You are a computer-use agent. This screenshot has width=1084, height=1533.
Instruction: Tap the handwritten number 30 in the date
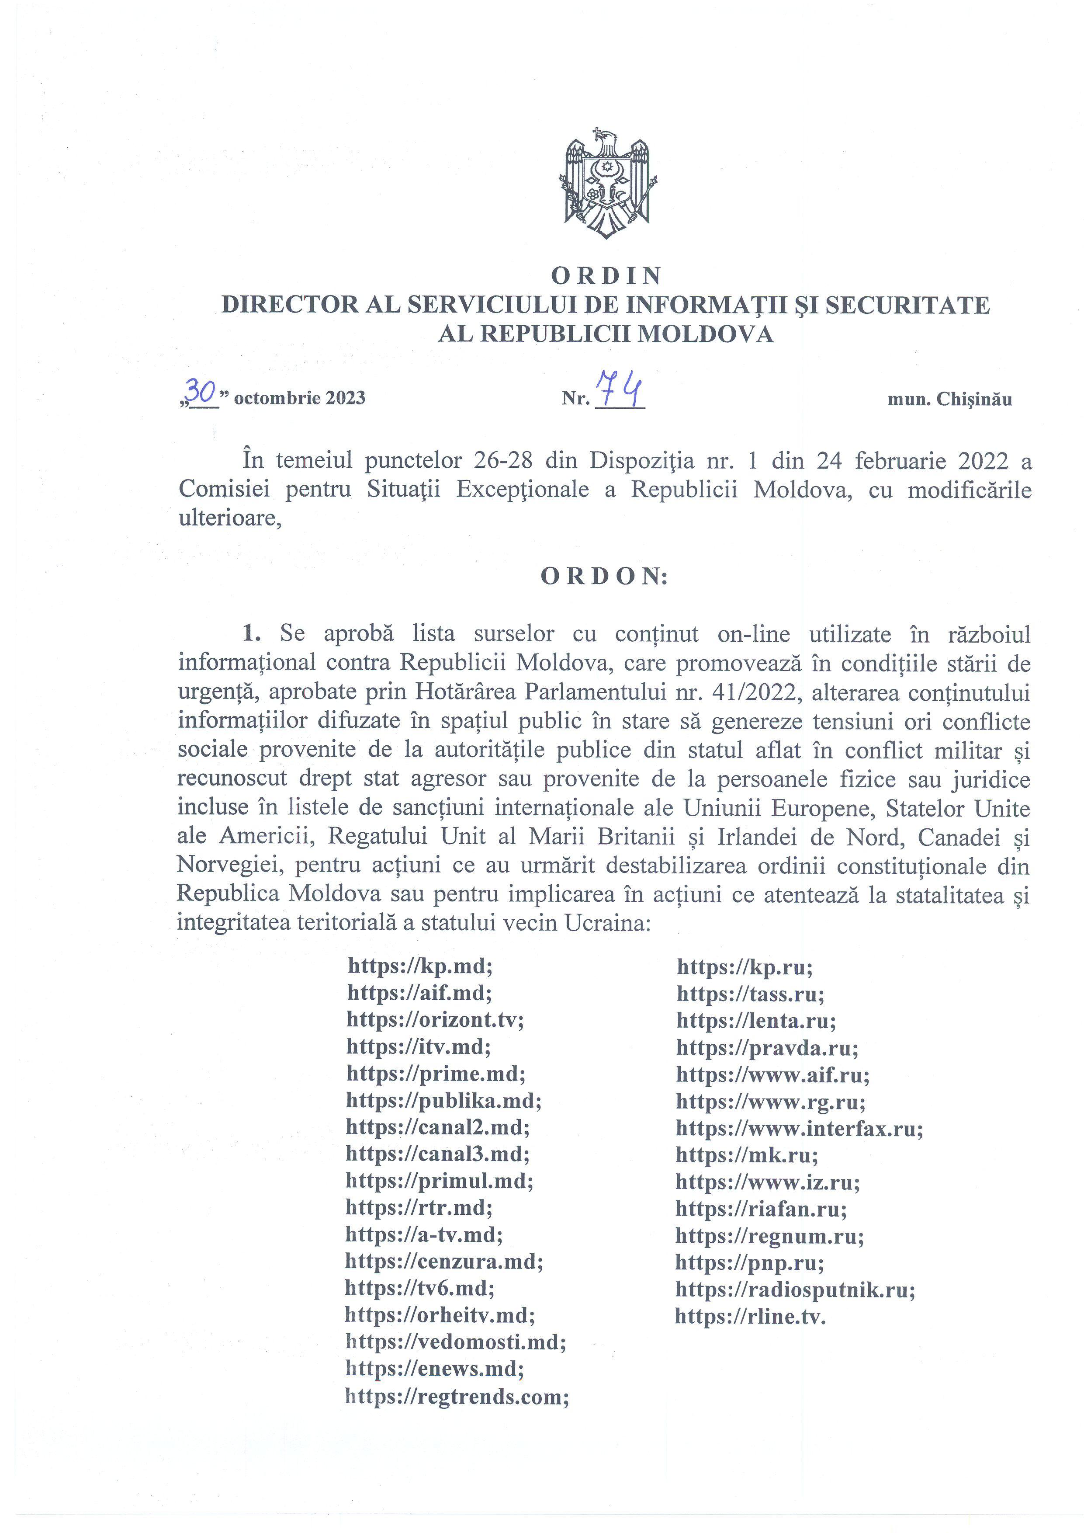200,391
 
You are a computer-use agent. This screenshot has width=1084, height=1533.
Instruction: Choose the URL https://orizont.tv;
435,1019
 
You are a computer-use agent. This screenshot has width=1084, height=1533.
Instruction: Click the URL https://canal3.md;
438,1154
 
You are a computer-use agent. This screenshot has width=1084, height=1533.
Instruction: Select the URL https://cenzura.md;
444,1261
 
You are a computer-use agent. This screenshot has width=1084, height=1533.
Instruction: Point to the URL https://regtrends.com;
457,1396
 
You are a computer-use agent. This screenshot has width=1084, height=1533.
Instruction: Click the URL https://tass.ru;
750,994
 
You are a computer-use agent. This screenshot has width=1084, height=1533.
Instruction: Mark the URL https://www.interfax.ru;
799,1128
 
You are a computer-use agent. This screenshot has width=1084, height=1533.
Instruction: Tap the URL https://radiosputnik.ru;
795,1289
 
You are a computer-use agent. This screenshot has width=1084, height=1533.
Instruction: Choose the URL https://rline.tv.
750,1317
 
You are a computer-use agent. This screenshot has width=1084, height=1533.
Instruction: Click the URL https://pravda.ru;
767,1048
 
